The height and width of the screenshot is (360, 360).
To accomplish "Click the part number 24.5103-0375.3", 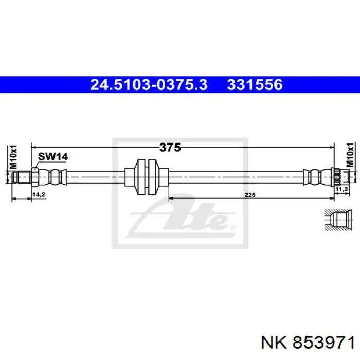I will (x=149, y=85).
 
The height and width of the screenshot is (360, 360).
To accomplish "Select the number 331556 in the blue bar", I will (x=255, y=85).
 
